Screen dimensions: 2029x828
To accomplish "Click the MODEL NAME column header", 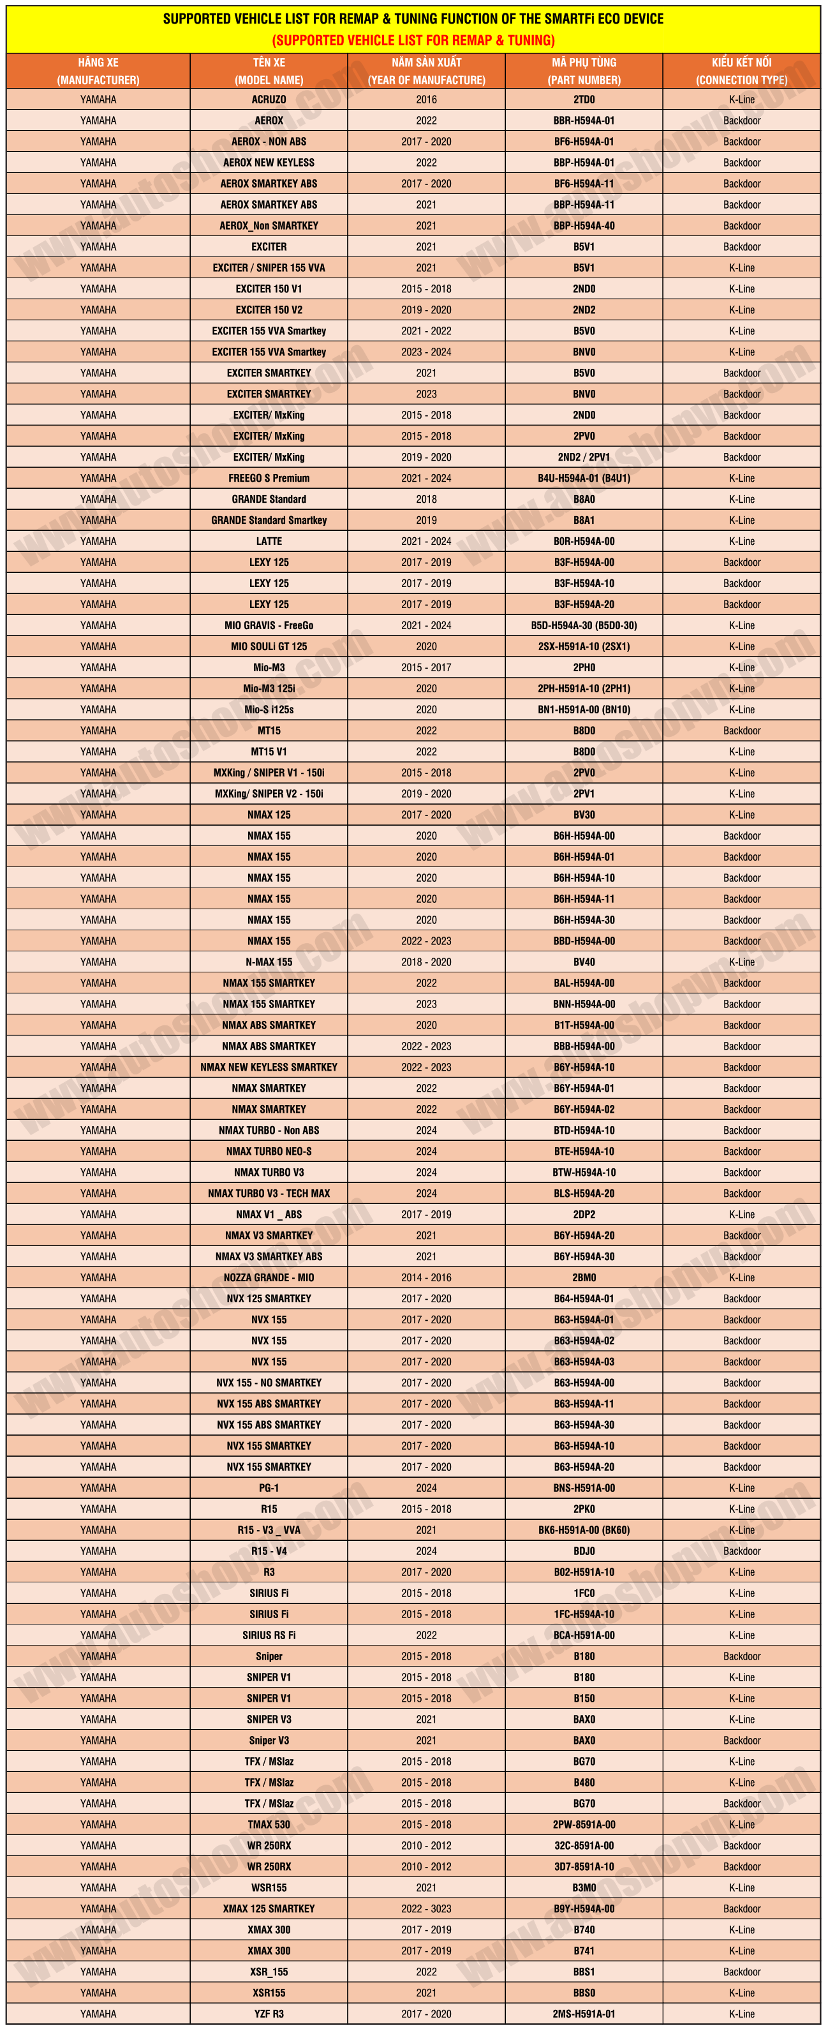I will [x=269, y=71].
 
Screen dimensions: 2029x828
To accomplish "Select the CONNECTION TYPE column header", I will [x=741, y=71].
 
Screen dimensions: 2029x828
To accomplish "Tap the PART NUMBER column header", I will [x=584, y=71].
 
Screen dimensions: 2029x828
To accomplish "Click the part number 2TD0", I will [x=584, y=100].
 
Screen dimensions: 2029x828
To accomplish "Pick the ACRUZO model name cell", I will [x=269, y=100].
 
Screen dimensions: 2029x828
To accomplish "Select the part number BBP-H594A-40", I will [x=584, y=225].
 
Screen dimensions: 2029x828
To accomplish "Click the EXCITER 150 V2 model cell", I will [x=269, y=309].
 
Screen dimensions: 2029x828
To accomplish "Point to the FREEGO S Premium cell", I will [x=269, y=478].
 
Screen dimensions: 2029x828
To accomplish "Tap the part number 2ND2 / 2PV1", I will [x=584, y=457].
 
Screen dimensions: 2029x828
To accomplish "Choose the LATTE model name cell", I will [x=269, y=541].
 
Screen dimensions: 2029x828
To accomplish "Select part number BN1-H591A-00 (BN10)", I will [x=584, y=710].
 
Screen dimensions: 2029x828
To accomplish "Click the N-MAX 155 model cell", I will [x=269, y=962].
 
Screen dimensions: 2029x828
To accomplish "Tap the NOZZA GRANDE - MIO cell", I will [x=269, y=1277].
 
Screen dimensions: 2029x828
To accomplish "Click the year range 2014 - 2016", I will [x=426, y=1277].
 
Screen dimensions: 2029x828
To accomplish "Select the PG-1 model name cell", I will [x=269, y=1488].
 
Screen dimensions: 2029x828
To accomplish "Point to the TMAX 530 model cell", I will [x=269, y=1824].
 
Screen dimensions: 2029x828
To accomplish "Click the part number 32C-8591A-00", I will [x=584, y=1845].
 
